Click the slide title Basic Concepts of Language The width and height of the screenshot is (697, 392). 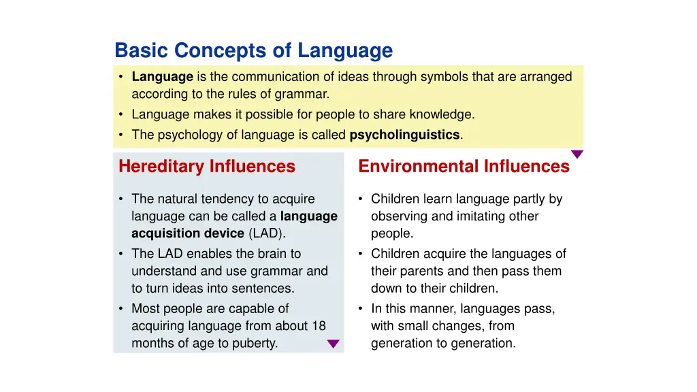pyautogui.click(x=253, y=50)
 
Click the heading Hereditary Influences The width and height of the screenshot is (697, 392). pyautogui.click(x=207, y=166)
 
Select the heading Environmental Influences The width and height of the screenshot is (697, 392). pyautogui.click(x=464, y=166)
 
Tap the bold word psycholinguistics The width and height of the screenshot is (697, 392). pyautogui.click(x=404, y=135)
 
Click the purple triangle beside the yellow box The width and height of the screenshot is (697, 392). pyautogui.click(x=577, y=154)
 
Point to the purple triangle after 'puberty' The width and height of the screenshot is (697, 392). pyautogui.click(x=333, y=344)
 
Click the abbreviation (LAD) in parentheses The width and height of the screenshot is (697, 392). pyautogui.click(x=267, y=233)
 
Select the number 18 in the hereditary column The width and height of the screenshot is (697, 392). pyautogui.click(x=319, y=326)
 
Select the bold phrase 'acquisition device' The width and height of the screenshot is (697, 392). pyautogui.click(x=187, y=233)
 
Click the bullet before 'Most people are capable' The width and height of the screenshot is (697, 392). pyautogui.click(x=120, y=309)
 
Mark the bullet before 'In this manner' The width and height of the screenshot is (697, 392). pyautogui.click(x=360, y=309)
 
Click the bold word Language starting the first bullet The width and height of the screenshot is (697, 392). pyautogui.click(x=162, y=77)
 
